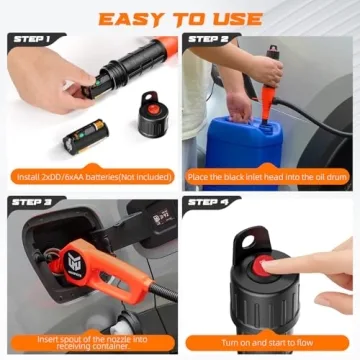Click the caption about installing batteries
[x=90, y=176]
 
